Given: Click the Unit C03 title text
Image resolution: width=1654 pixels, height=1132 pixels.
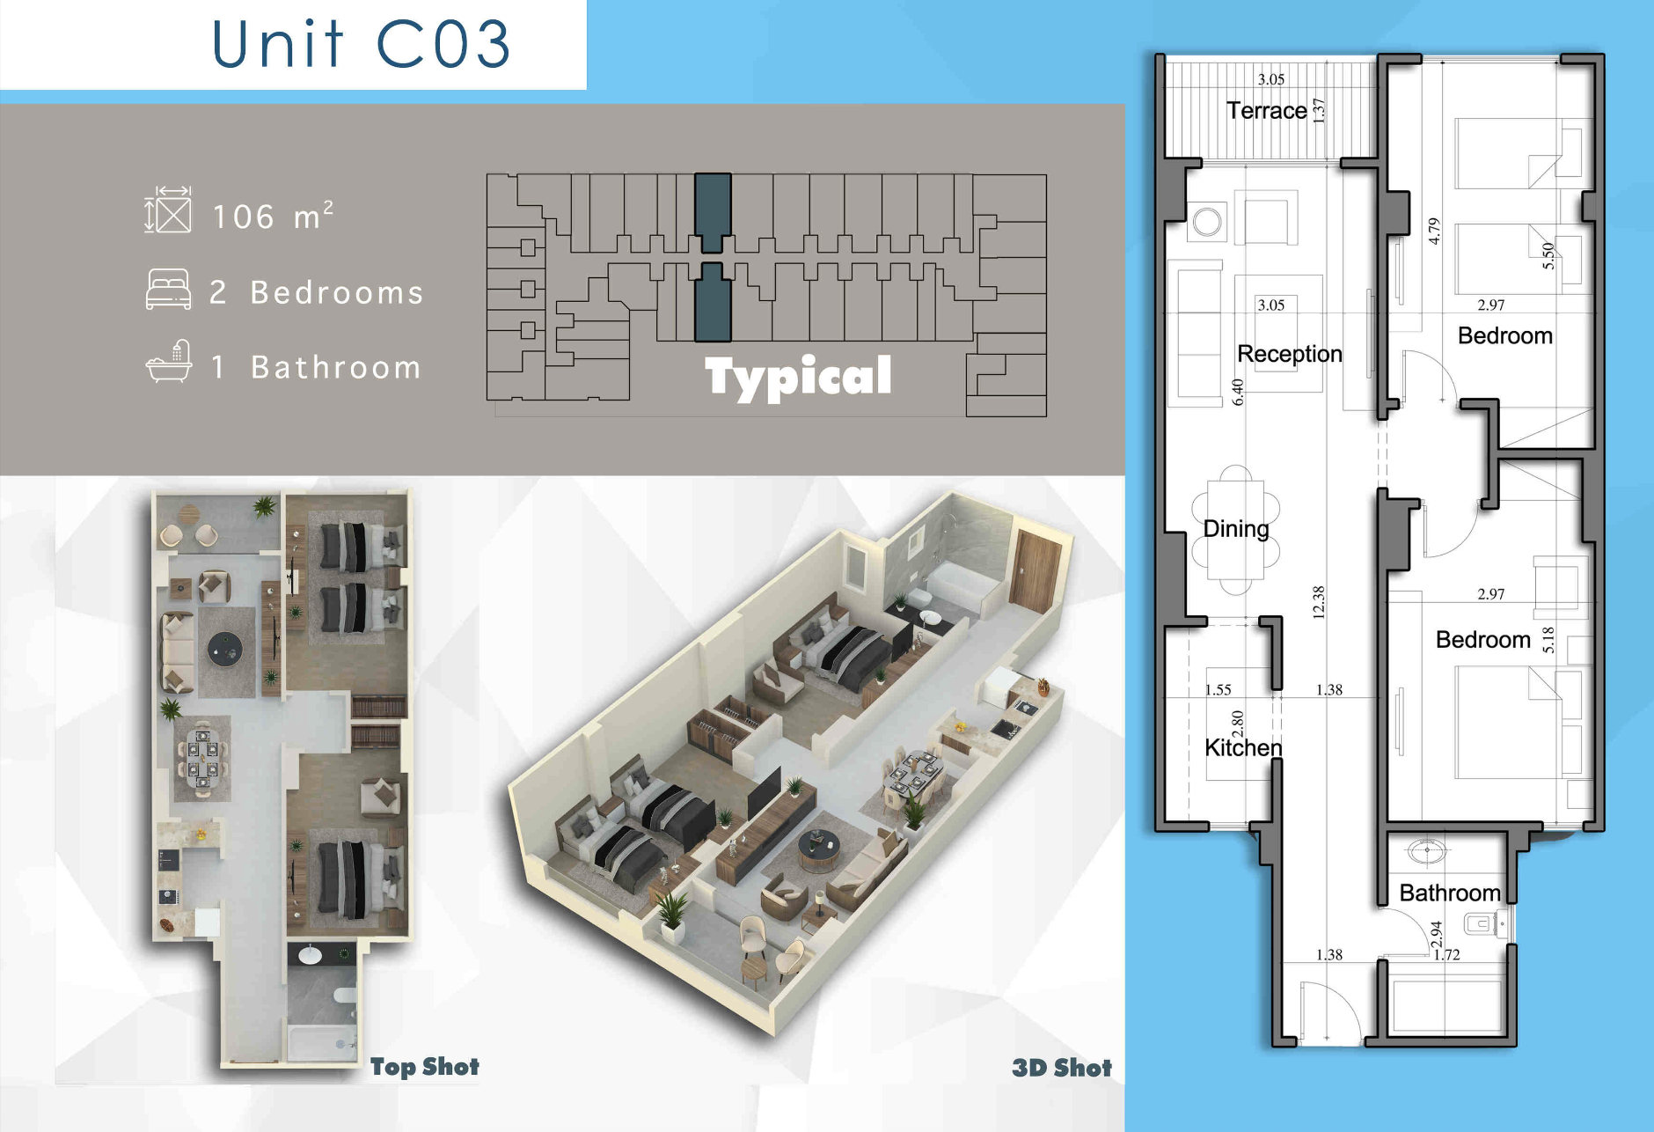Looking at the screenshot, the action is click(x=361, y=44).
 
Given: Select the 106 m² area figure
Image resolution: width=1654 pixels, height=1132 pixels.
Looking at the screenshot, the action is click(x=273, y=216).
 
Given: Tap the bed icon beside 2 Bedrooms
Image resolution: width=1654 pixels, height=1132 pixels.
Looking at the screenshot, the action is click(x=168, y=290).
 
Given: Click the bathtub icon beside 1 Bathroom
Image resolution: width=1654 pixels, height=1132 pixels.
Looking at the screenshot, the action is click(x=169, y=361).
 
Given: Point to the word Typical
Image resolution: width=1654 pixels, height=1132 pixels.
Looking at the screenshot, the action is click(x=798, y=377).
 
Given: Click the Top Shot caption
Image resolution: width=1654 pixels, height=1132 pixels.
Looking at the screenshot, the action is click(x=424, y=1067).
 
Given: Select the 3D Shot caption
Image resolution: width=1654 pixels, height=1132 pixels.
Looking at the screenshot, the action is click(x=1062, y=1068).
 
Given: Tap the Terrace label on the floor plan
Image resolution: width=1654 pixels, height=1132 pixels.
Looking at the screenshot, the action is click(x=1267, y=111).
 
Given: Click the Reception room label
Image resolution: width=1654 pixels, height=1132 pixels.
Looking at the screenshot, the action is click(x=1290, y=354).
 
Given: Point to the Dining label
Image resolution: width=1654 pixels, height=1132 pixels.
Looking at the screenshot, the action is click(x=1236, y=528).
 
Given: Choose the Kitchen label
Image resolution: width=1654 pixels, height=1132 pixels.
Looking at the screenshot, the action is click(x=1243, y=747).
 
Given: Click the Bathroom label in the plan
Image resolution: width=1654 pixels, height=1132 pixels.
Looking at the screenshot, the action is click(x=1450, y=893).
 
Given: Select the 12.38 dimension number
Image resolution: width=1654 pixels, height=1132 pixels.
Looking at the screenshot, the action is click(x=1318, y=602).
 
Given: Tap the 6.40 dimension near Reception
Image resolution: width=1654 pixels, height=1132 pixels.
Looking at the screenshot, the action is click(x=1238, y=392).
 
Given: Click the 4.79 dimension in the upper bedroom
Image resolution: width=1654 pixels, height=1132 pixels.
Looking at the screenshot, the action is click(x=1434, y=231).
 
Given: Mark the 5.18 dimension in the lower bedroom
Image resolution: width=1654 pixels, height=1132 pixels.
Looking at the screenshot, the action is click(x=1548, y=640).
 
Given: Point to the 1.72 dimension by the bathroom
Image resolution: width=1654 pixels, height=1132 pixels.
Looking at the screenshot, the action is click(x=1447, y=954).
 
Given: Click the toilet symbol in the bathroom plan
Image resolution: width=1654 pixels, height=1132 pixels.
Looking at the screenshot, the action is click(x=1482, y=923).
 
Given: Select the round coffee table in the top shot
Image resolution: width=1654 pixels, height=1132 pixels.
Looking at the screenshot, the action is click(x=225, y=650).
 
